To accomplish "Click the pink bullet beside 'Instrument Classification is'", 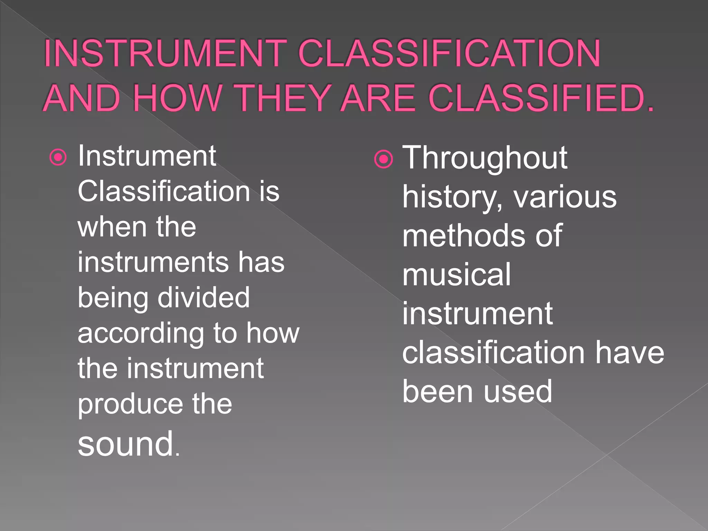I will pyautogui.click(x=58, y=158).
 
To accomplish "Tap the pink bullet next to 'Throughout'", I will pyautogui.click(x=383, y=159).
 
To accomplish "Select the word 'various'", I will pyautogui.click(x=565, y=197).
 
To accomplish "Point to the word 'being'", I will pyautogui.click(x=113, y=298).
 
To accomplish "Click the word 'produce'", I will pyautogui.click(x=130, y=404).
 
